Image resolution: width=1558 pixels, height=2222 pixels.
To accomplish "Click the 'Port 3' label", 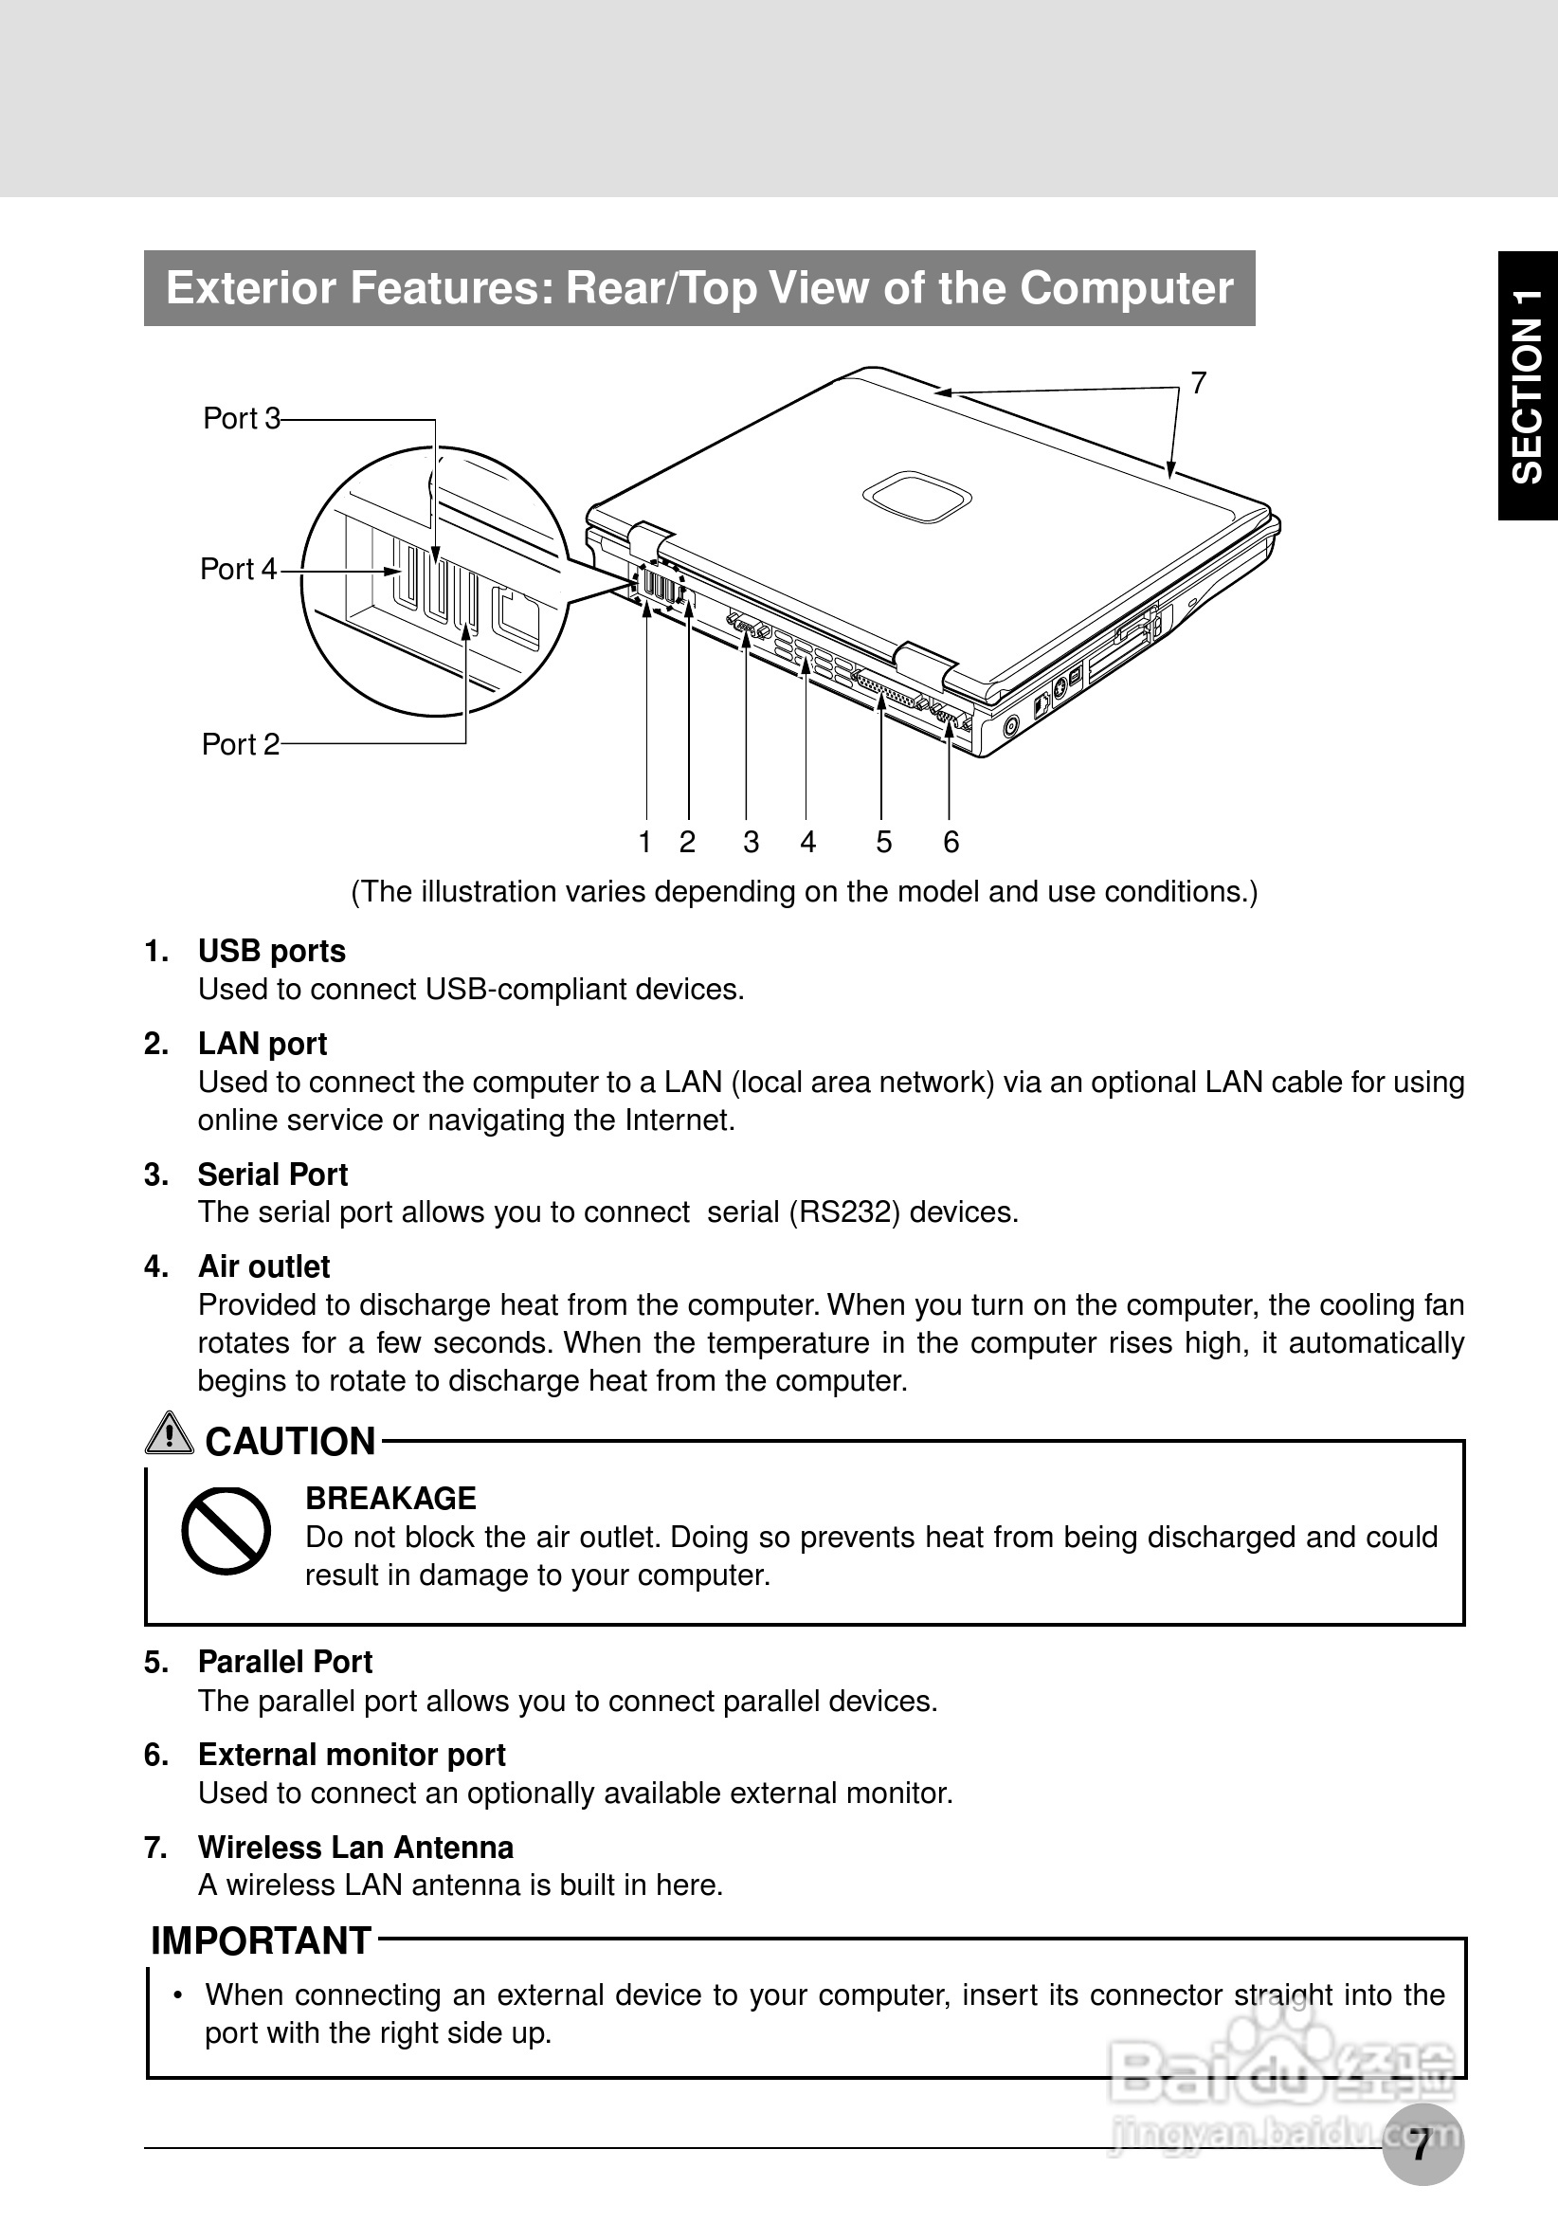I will point(241,419).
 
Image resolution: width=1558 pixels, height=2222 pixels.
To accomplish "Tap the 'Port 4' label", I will point(238,570).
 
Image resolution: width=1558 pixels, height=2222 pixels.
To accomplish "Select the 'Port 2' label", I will point(240,744).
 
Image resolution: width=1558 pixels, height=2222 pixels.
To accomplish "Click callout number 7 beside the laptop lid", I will point(1198,384).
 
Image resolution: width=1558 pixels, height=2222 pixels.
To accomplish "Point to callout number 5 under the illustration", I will point(883,843).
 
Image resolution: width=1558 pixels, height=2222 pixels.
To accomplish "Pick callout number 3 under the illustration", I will point(751,843).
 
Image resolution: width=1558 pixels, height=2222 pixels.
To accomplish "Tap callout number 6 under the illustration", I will point(951,843).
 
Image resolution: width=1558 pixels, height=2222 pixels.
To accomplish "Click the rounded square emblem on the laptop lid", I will point(917,498).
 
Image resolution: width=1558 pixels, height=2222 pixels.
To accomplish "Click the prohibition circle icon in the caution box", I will point(226,1531).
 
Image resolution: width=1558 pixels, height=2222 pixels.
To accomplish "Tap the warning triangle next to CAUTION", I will point(170,1433).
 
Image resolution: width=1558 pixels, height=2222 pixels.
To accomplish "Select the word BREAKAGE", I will point(390,1498).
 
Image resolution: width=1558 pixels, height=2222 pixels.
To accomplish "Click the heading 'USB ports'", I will point(272,952).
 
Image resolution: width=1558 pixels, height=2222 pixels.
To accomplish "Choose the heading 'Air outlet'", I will point(264,1266).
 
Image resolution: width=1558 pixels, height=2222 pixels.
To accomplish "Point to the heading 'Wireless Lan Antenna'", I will point(355,1848).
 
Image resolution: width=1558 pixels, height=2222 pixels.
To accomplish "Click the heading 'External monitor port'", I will point(352,1755).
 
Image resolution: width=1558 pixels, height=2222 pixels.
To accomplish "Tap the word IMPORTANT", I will point(262,1941).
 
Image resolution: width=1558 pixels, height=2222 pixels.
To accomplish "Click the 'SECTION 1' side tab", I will point(1528,386).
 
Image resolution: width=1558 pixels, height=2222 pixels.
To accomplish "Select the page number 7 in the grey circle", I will point(1422,2144).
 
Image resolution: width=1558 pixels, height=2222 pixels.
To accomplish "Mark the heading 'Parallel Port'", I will point(284,1662).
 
